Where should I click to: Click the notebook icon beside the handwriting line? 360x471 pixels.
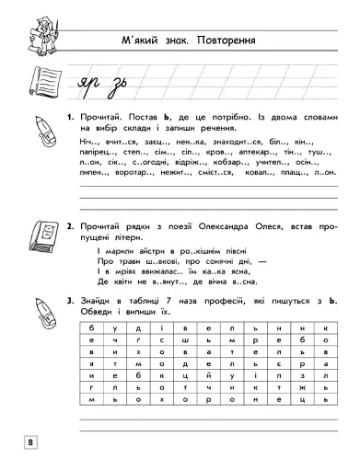(33, 83)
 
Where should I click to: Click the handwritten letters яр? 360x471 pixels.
(88, 86)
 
